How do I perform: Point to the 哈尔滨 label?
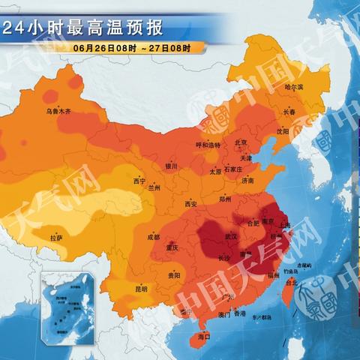coord(294,87)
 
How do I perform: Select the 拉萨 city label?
coord(56,238)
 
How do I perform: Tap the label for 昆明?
coord(141,288)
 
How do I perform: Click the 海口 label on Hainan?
coord(203,339)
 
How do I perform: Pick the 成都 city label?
coord(153,237)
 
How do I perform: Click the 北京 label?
coord(241,142)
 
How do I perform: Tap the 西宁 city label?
coord(139,181)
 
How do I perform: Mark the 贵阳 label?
coord(174,275)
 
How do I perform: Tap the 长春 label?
coord(289,112)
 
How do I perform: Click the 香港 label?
coord(239,313)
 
